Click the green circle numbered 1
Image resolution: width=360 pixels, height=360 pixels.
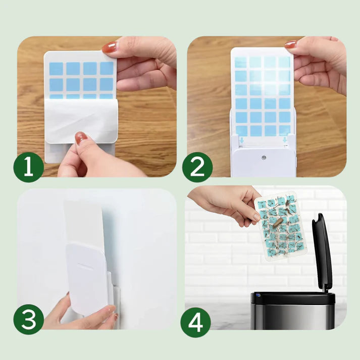point(28,167)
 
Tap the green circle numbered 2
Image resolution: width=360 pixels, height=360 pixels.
point(197,167)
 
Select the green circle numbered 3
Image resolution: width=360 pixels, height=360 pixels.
point(28,320)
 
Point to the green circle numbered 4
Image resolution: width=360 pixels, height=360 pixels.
point(195,323)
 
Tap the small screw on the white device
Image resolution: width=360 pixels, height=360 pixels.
point(264,158)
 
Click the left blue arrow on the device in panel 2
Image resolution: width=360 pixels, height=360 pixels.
point(241,140)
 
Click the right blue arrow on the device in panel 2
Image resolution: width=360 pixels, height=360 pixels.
point(285,140)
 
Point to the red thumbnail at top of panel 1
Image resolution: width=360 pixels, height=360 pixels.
point(109,47)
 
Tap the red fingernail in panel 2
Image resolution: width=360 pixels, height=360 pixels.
point(291,44)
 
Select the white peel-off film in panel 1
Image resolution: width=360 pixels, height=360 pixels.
point(81,120)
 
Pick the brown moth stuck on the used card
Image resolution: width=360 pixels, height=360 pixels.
point(278,222)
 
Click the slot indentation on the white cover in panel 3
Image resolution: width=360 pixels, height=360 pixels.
point(85,267)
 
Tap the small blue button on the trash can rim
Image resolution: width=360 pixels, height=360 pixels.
point(258,295)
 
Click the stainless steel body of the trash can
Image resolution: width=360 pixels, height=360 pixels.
point(291,316)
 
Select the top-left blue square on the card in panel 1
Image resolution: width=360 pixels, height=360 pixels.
point(56,69)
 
